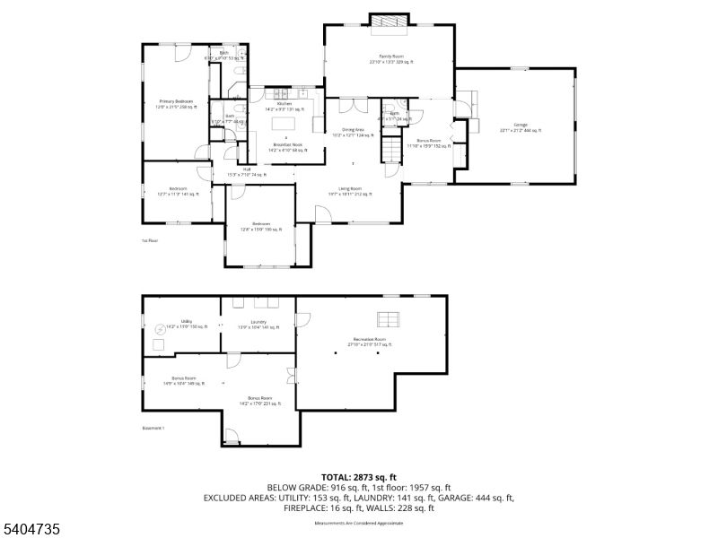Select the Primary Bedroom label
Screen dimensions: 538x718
[177, 103]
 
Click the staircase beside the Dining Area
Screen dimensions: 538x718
[391, 145]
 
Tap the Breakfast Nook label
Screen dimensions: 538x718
[286, 148]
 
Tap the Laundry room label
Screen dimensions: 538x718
[258, 325]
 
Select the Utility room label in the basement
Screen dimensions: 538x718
[187, 324]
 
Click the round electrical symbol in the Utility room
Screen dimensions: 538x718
[161, 329]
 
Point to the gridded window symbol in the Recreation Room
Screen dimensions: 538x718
[388, 318]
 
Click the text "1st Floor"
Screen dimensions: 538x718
[149, 241]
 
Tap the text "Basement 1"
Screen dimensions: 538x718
[153, 428]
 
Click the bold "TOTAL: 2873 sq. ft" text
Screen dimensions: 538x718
[359, 476]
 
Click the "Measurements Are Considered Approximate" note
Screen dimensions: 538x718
[359, 519]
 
